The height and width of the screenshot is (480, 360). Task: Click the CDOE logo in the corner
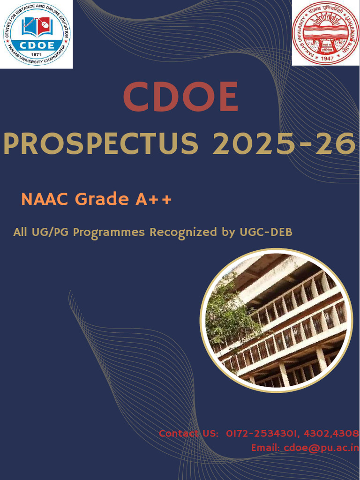tap(36, 34)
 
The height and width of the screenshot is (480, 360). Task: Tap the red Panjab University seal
tap(325, 33)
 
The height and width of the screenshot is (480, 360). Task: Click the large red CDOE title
tap(180, 97)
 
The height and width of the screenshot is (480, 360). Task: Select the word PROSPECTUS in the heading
tap(101, 144)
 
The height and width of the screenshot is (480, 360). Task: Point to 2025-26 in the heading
tap(284, 144)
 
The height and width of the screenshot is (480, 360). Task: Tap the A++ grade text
tap(154, 199)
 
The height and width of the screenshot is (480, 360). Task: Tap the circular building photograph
tap(277, 320)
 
